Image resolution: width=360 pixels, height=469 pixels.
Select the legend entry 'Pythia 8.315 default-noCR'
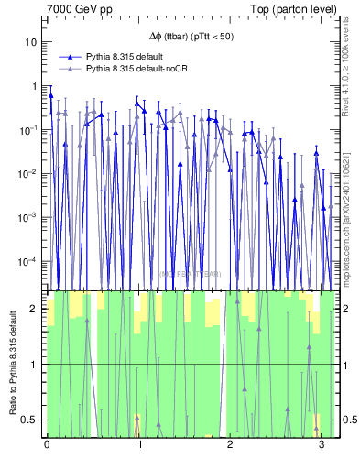coord(142,69)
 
